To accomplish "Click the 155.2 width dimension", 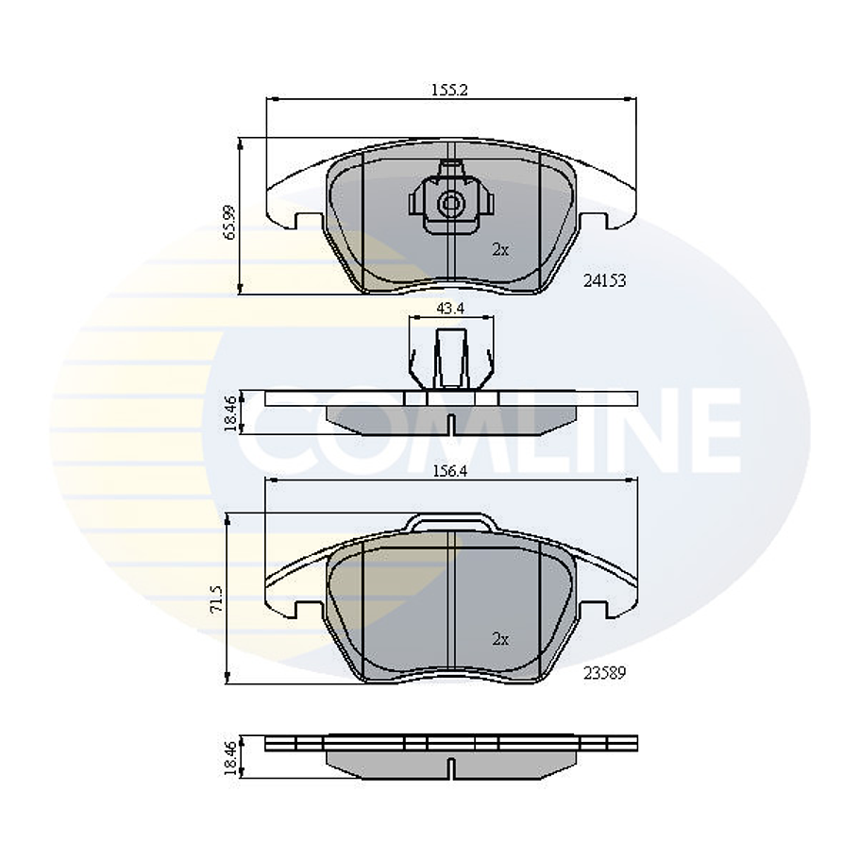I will click(450, 91).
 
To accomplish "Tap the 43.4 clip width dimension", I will click(449, 308).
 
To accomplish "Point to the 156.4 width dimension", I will click(450, 473).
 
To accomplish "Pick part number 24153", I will click(604, 280).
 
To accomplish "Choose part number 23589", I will click(604, 673).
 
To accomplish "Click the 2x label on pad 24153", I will click(500, 250).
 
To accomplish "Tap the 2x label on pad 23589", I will click(500, 639).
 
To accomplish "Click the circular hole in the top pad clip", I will click(450, 202).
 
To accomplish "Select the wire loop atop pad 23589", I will click(450, 522).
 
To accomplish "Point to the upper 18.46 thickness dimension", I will click(229, 413).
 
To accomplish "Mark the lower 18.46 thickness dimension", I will click(229, 757).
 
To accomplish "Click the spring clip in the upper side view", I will click(450, 360).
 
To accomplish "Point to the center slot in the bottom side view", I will click(450, 769).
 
